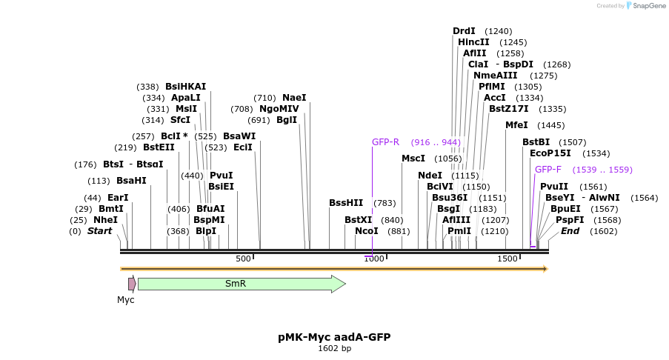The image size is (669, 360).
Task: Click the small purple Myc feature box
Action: pyautogui.click(x=132, y=284)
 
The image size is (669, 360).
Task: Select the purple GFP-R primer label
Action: pyautogui.click(x=385, y=142)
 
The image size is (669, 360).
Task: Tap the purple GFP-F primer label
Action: pyautogui.click(x=548, y=170)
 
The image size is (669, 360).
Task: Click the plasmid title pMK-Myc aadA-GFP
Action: pyautogui.click(x=334, y=337)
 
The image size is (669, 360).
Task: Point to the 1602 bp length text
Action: pyautogui.click(x=334, y=348)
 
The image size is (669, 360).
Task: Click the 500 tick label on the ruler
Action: pyautogui.click(x=243, y=259)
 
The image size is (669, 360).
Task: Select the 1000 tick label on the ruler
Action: pyautogui.click(x=373, y=259)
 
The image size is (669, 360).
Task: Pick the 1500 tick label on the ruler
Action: pyautogui.click(x=507, y=259)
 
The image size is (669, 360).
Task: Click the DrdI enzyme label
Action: pyautogui.click(x=464, y=31)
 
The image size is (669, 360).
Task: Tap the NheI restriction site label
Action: pyautogui.click(x=105, y=220)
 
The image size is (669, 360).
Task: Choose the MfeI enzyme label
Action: pyautogui.click(x=516, y=125)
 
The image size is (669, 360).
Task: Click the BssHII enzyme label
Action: pyautogui.click(x=346, y=203)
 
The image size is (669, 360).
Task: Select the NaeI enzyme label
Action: pyautogui.click(x=294, y=98)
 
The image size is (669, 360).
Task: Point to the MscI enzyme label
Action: pyautogui.click(x=413, y=159)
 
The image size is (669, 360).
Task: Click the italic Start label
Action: pyautogui.click(x=99, y=231)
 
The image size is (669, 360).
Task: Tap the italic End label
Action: pyautogui.click(x=570, y=231)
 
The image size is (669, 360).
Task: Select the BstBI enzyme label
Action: pyautogui.click(x=536, y=142)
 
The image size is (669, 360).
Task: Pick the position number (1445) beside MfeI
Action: pyautogui.click(x=550, y=126)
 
